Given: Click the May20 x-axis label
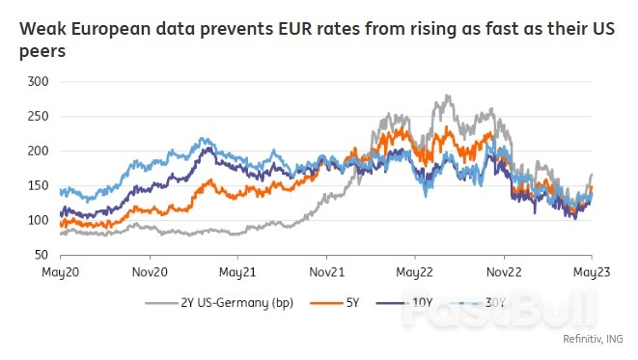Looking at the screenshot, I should pos(61,273).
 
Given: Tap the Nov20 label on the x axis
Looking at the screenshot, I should pos(150,273).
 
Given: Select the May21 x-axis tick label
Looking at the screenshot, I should pos(237,273).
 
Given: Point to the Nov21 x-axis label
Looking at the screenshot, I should pos(326,273).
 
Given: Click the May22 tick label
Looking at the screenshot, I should pos(414,273).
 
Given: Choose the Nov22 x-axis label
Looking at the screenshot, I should pos(504,273).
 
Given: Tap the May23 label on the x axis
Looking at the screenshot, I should pos(592,273).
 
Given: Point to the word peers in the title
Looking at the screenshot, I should pos(42,50).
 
